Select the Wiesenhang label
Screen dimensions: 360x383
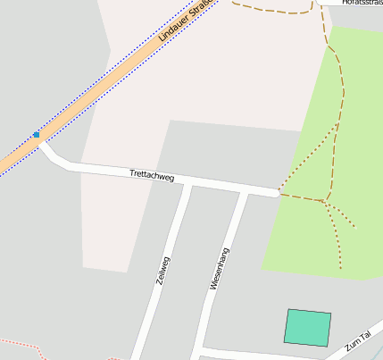[x=221, y=268]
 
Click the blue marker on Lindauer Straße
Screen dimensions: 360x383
[x=37, y=135]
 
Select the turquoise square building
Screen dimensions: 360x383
[x=308, y=327]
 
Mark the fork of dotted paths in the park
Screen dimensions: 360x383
[x=325, y=204]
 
